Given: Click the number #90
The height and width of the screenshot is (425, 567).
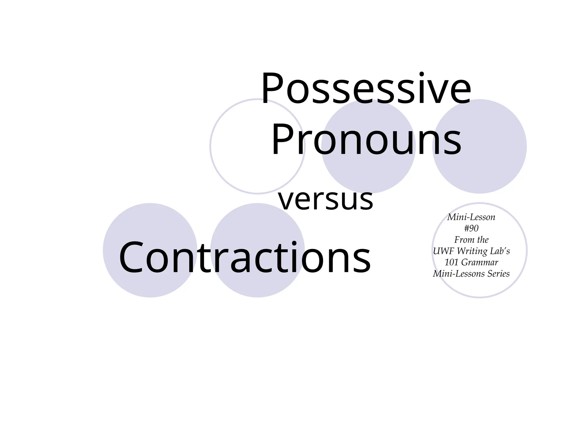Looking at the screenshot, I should (471, 228).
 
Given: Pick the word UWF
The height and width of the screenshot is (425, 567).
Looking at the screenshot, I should (443, 251).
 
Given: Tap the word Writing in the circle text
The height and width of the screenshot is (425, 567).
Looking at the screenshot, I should (472, 251).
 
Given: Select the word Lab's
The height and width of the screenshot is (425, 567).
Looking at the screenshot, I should (500, 251).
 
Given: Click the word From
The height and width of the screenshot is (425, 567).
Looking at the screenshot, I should (463, 240).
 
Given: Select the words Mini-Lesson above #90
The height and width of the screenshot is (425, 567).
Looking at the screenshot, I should (471, 217).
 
